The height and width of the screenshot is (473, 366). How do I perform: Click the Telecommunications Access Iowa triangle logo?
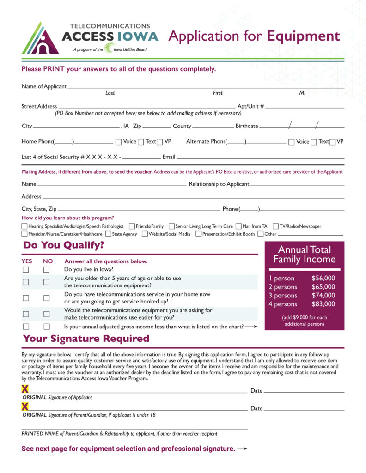[x=40, y=39]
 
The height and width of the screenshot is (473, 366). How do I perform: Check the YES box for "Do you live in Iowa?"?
[x=26, y=269]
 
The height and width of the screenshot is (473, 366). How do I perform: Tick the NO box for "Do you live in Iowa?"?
[x=46, y=269]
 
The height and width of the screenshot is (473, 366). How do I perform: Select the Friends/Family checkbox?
[x=132, y=226]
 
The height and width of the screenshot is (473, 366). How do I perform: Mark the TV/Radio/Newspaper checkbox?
[x=275, y=226]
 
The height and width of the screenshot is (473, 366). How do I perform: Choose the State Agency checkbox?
[x=108, y=234]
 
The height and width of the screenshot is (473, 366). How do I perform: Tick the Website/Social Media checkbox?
[x=145, y=234]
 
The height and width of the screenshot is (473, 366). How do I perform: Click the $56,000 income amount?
[x=323, y=279]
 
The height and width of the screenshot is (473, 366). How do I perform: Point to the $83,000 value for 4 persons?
[x=323, y=304]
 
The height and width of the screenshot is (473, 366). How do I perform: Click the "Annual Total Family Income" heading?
[x=305, y=255]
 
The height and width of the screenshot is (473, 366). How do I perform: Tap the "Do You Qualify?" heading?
[x=64, y=245]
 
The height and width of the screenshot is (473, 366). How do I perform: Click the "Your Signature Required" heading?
[x=86, y=339]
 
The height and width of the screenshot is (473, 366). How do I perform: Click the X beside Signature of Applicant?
[x=25, y=390]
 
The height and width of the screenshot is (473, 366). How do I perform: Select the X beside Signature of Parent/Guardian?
[x=25, y=407]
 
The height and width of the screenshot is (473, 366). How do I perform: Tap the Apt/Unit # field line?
[x=305, y=108]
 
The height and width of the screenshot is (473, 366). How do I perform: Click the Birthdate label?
[x=247, y=126]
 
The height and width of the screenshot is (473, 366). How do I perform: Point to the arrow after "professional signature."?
[x=243, y=449]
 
